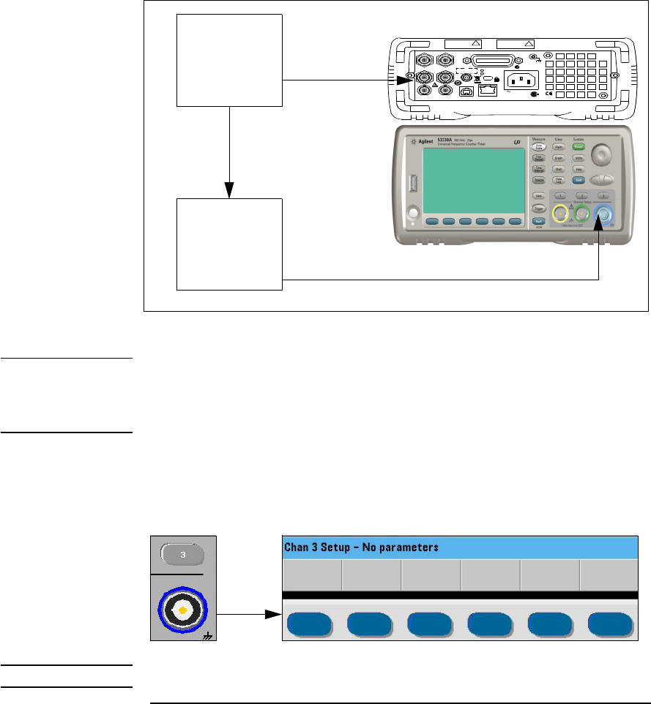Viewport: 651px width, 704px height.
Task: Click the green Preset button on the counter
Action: point(578,147)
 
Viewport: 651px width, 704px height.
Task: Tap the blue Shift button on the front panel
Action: point(578,179)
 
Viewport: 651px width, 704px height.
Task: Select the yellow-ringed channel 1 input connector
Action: point(560,214)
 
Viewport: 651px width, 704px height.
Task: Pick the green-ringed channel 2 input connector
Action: point(583,214)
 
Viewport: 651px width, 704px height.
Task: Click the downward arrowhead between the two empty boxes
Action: point(230,190)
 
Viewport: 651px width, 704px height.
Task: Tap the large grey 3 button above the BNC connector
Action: point(184,555)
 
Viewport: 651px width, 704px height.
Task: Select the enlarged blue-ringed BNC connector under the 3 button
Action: point(185,607)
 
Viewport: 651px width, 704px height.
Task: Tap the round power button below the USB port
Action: point(411,214)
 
